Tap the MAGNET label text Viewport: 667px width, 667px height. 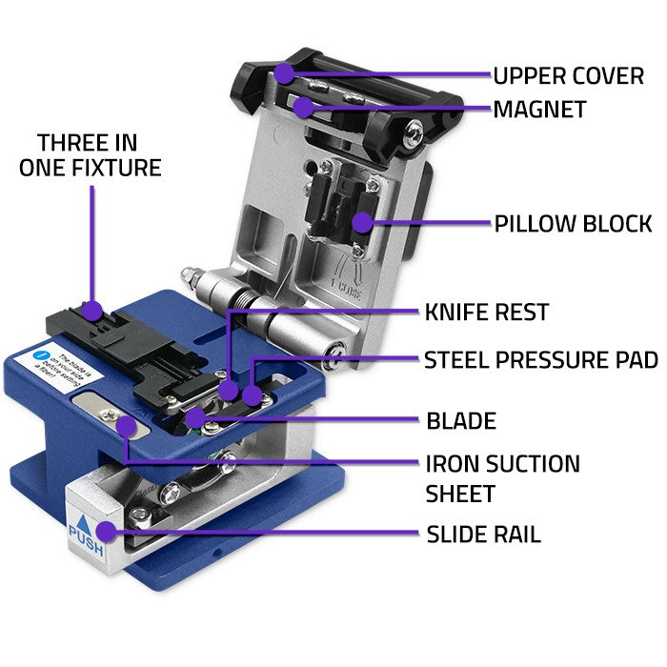(538, 110)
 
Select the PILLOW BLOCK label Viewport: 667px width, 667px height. (573, 224)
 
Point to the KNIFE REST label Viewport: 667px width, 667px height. (486, 312)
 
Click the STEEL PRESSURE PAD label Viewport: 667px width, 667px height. (540, 360)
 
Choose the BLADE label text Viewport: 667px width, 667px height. (461, 420)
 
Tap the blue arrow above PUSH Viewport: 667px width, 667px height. (84, 526)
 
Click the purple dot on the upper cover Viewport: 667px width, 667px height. (284, 73)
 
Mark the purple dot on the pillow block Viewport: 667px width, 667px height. (360, 223)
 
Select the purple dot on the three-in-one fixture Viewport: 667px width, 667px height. (91, 309)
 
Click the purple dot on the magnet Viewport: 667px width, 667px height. (302, 107)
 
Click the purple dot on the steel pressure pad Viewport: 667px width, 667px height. (252, 394)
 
